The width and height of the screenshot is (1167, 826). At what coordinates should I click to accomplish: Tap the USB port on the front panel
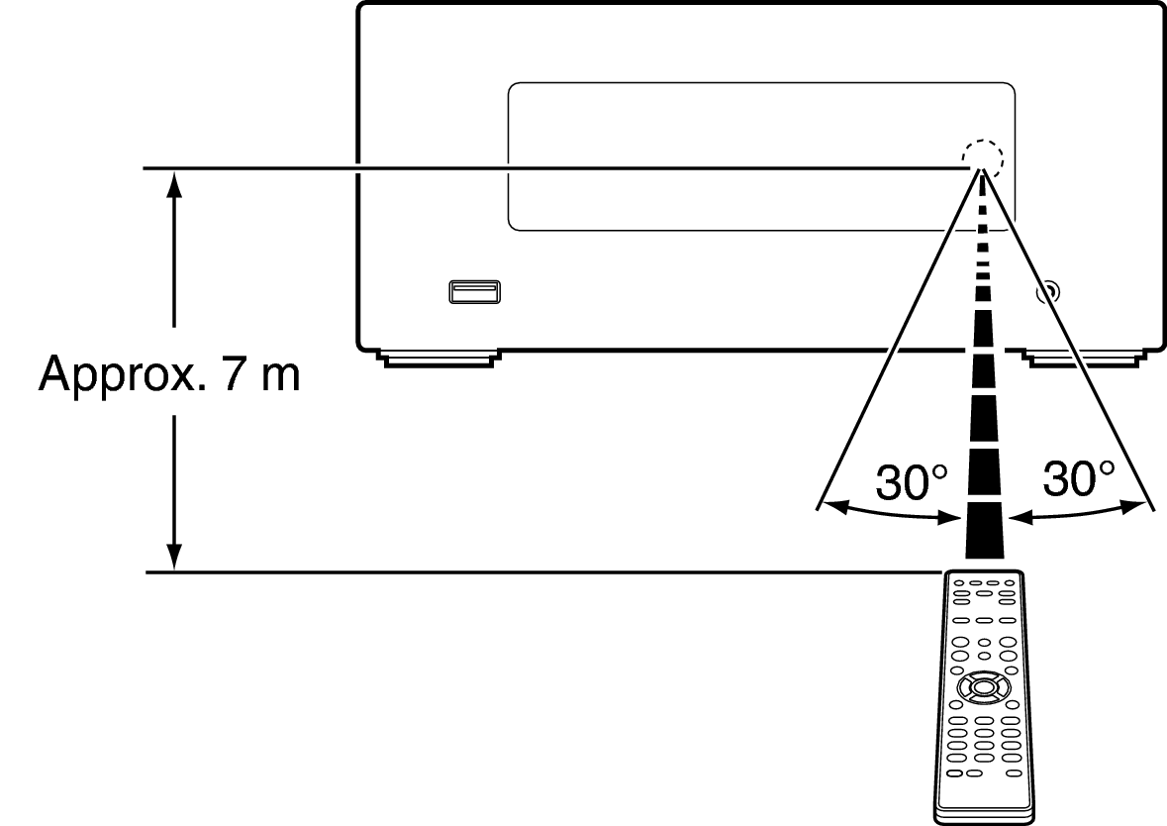tap(474, 291)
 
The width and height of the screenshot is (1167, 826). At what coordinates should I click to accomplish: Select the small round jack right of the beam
tap(1047, 292)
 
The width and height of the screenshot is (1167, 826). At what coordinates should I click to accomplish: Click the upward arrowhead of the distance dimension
tap(175, 183)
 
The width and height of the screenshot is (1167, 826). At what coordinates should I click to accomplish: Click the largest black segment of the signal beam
tap(984, 541)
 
